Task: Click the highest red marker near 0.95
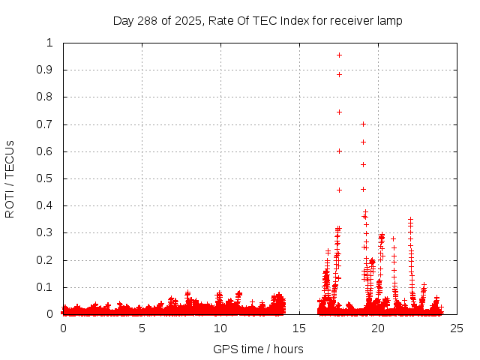[339, 55]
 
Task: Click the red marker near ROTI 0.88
[339, 74]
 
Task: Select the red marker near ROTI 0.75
[339, 112]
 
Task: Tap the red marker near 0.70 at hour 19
[363, 124]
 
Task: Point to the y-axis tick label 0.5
[46, 178]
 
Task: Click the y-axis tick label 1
[50, 43]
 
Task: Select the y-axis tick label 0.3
[46, 232]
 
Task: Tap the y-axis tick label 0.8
[46, 97]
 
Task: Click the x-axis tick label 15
[299, 328]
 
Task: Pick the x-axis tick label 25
[457, 328]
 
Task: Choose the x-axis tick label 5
[142, 328]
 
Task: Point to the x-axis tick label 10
[220, 328]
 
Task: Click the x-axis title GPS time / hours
[259, 349]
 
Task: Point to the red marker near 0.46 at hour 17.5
[339, 190]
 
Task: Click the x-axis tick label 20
[378, 328]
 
